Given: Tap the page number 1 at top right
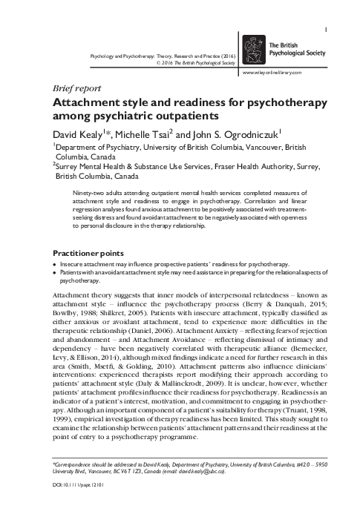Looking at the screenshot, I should [x=327, y=9].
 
